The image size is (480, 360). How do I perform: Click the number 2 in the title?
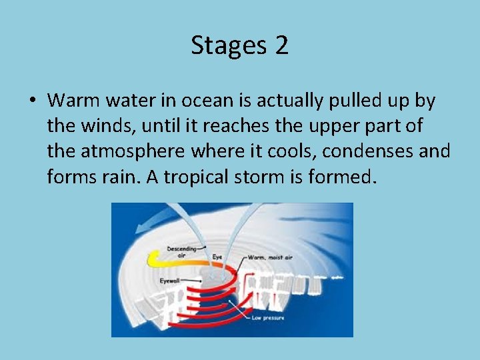281,45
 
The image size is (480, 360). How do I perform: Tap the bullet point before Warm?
32,101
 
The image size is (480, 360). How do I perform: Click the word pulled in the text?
343,101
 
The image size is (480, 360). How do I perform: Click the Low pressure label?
269,318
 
